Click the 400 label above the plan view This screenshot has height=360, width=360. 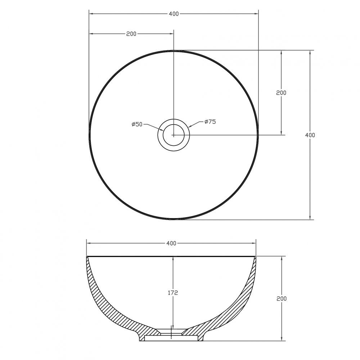[174, 14]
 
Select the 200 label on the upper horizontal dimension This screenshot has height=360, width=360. [131, 34]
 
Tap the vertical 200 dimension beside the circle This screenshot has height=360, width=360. [281, 93]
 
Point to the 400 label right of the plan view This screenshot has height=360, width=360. [310, 135]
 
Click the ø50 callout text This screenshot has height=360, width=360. [137, 125]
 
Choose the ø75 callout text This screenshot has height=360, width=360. [210, 122]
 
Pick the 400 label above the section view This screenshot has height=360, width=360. [171, 243]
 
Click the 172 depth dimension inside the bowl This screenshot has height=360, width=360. [173, 293]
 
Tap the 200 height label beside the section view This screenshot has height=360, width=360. [282, 298]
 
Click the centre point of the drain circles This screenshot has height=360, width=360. [174, 135]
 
